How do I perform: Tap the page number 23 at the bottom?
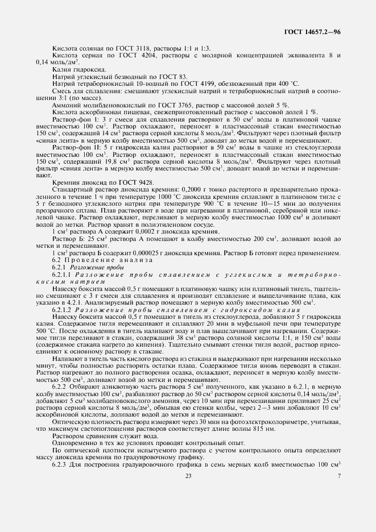188,508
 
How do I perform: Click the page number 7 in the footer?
339,508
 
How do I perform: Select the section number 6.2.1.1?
61,259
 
